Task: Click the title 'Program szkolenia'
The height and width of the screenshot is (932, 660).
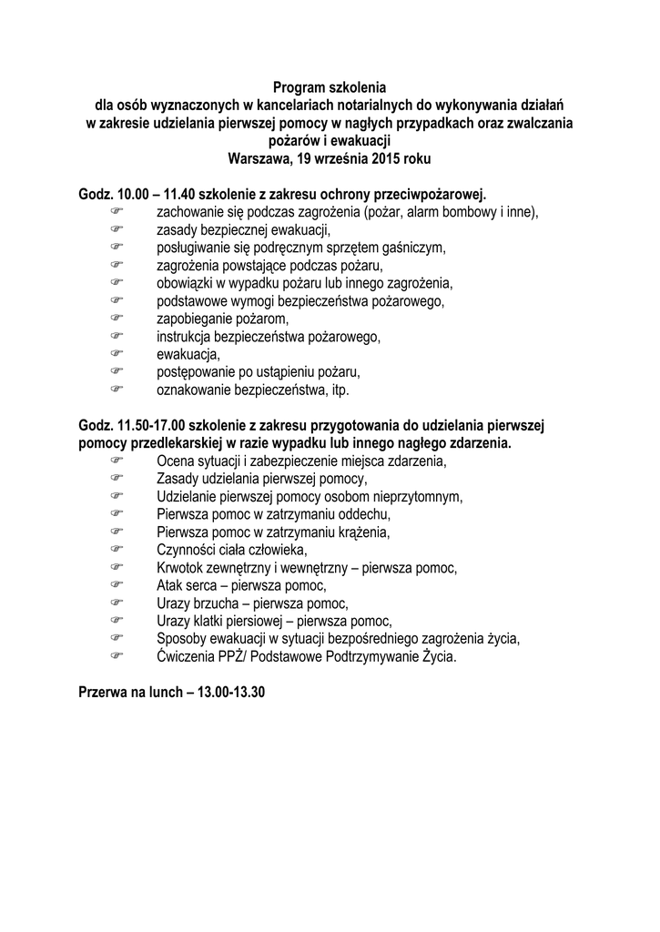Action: [x=330, y=88]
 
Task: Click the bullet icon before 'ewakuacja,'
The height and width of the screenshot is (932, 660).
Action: [x=116, y=354]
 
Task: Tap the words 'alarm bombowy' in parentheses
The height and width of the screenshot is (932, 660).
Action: [x=450, y=212]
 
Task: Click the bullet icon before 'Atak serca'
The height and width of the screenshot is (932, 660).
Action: [x=116, y=585]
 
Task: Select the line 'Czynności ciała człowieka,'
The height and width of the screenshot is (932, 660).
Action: [x=232, y=550]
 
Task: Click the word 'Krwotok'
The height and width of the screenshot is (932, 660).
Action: [x=182, y=568]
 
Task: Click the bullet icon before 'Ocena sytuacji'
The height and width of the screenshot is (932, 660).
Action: [x=116, y=461]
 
